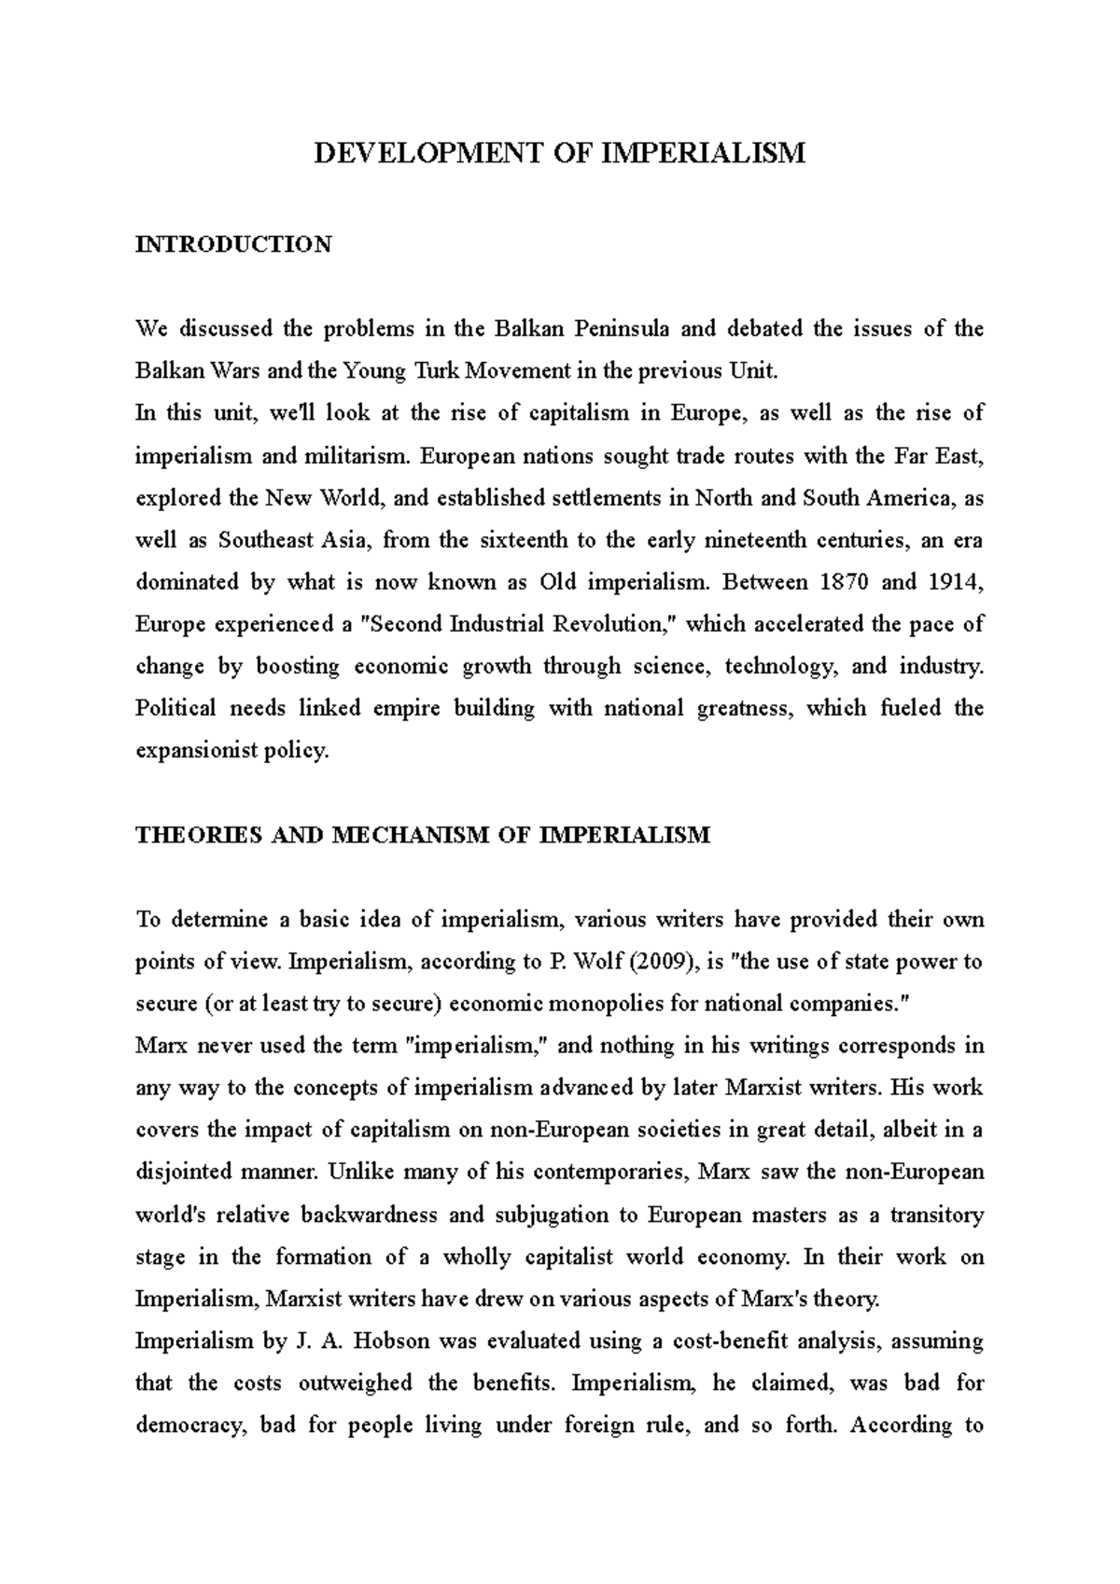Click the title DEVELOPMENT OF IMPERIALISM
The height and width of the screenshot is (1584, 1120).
point(559,153)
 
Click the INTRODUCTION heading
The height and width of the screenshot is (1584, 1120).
point(233,244)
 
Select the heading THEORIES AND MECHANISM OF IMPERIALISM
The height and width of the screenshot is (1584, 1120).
point(423,835)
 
